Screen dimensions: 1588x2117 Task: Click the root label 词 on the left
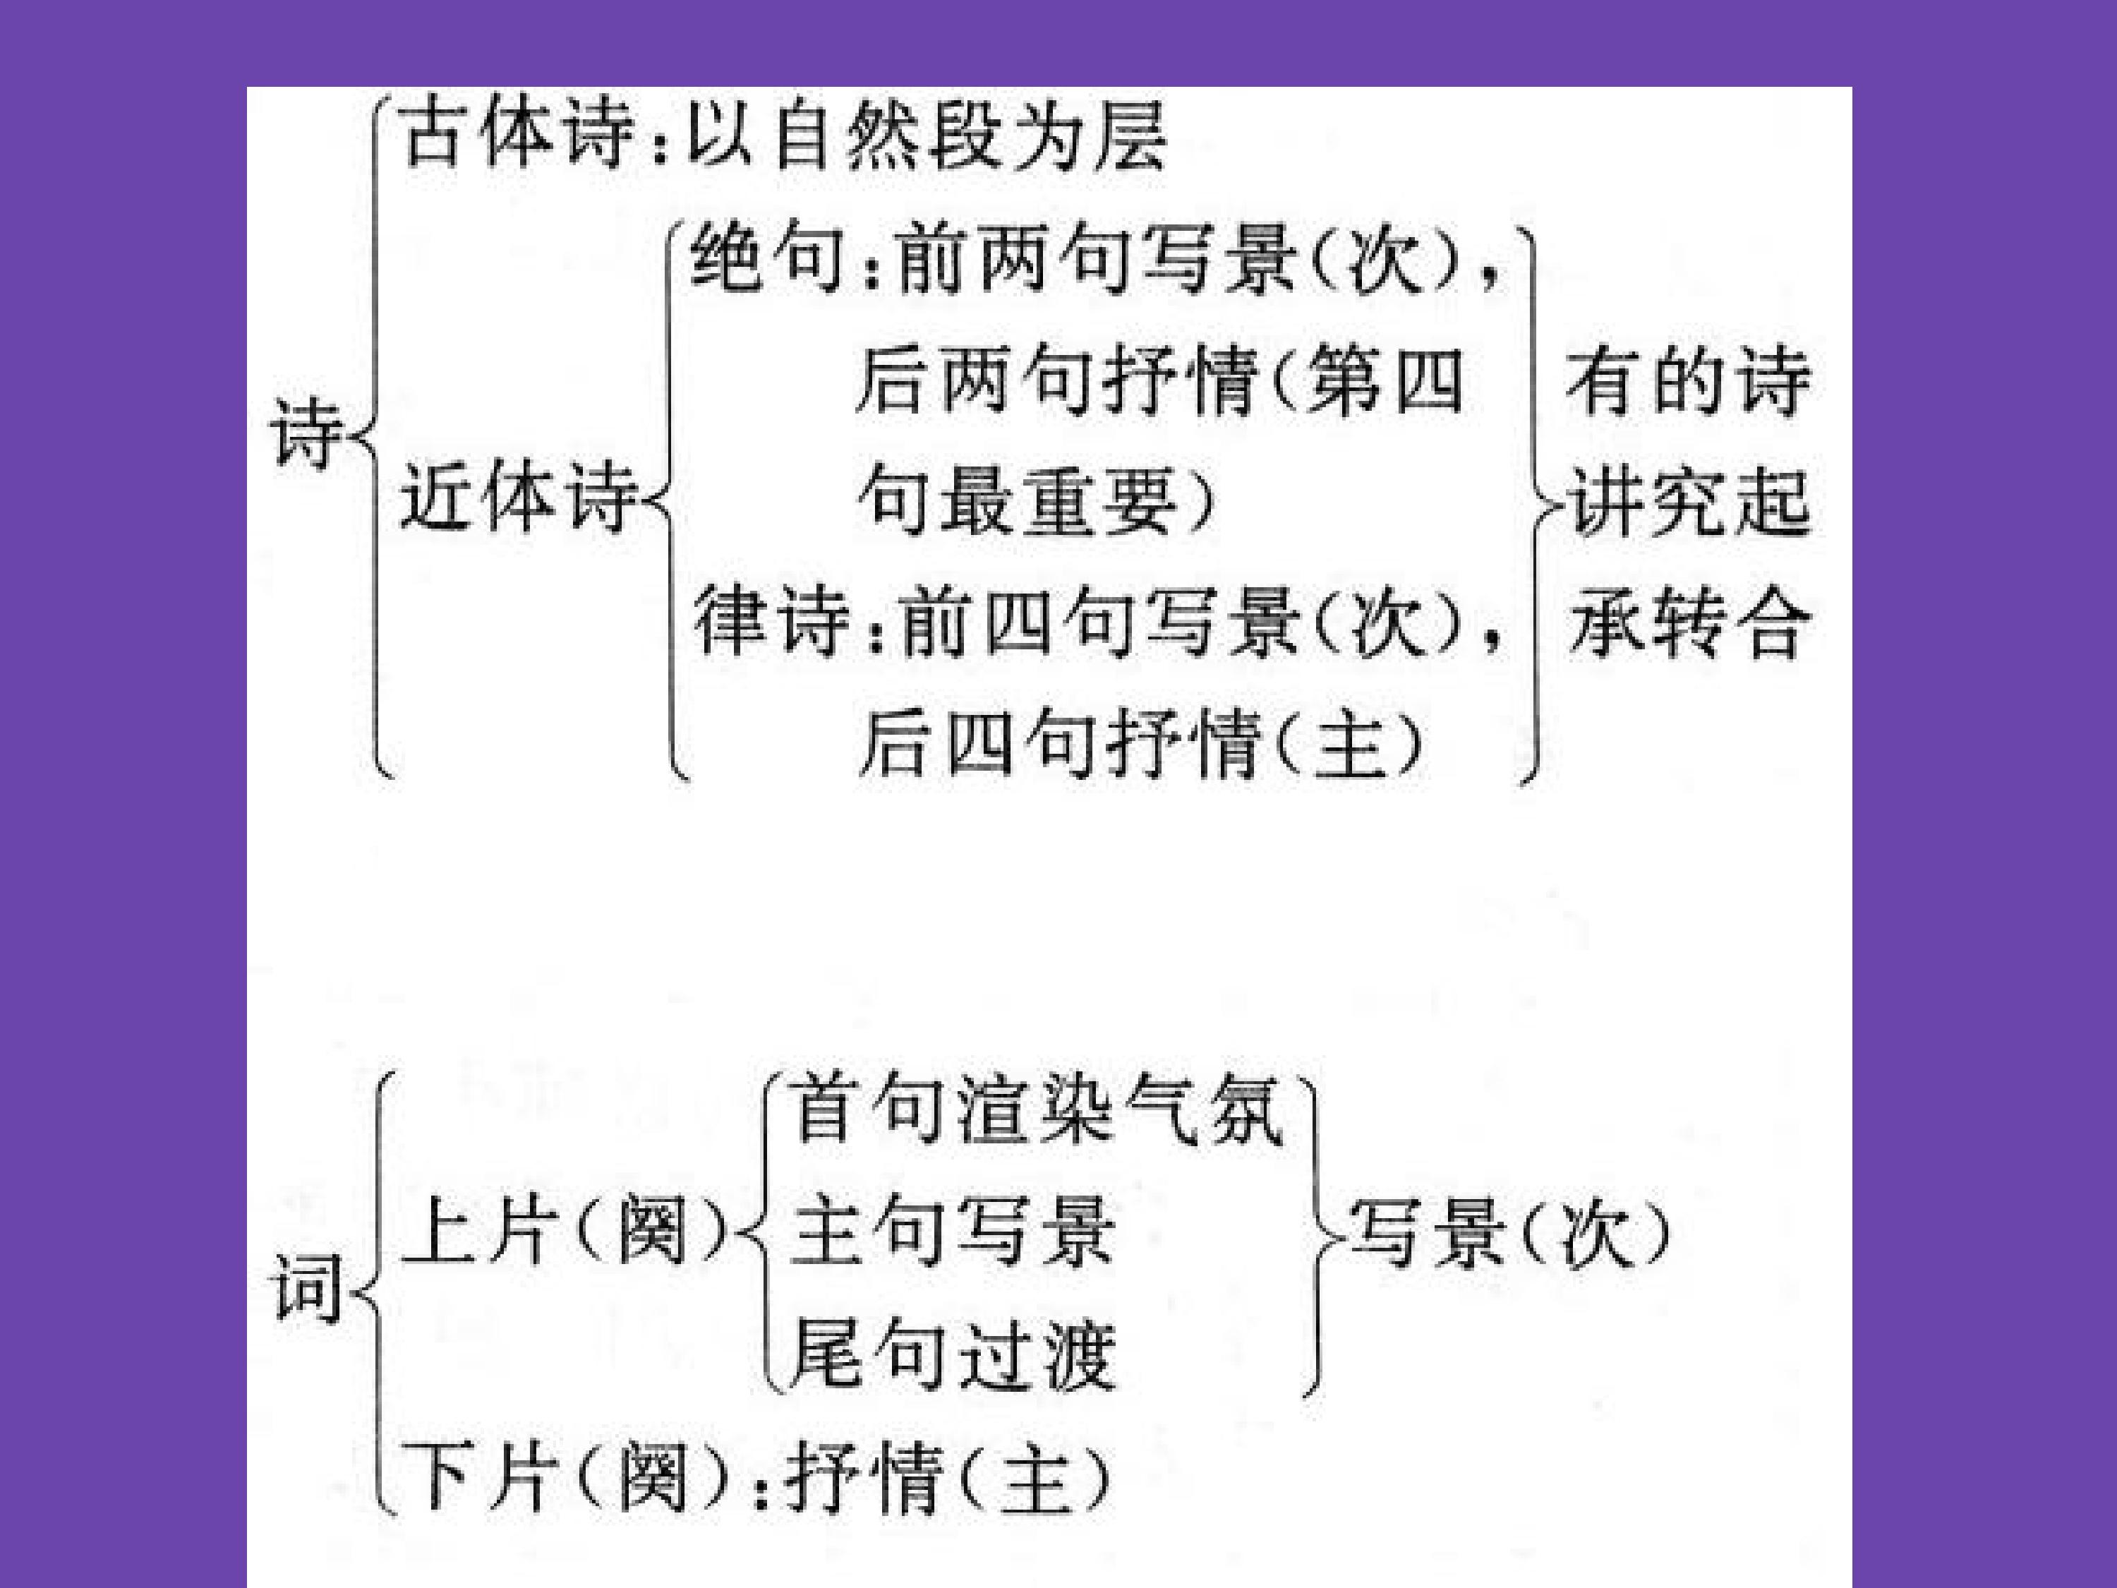click(306, 1287)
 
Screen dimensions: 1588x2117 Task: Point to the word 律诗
click(771, 622)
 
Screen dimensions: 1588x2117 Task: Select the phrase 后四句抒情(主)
click(1139, 744)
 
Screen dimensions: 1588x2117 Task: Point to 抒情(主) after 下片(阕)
click(948, 1479)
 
